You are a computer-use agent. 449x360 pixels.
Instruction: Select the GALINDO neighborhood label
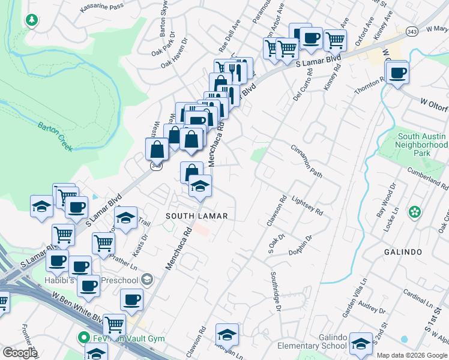(404, 252)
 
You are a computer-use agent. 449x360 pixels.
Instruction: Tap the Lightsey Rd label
(307, 205)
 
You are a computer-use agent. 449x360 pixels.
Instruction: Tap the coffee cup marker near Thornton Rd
(397, 74)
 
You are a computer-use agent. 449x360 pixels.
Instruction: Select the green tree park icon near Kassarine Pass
(31, 20)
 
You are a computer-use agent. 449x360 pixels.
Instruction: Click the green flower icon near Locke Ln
(414, 212)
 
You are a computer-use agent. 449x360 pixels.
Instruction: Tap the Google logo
(19, 353)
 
